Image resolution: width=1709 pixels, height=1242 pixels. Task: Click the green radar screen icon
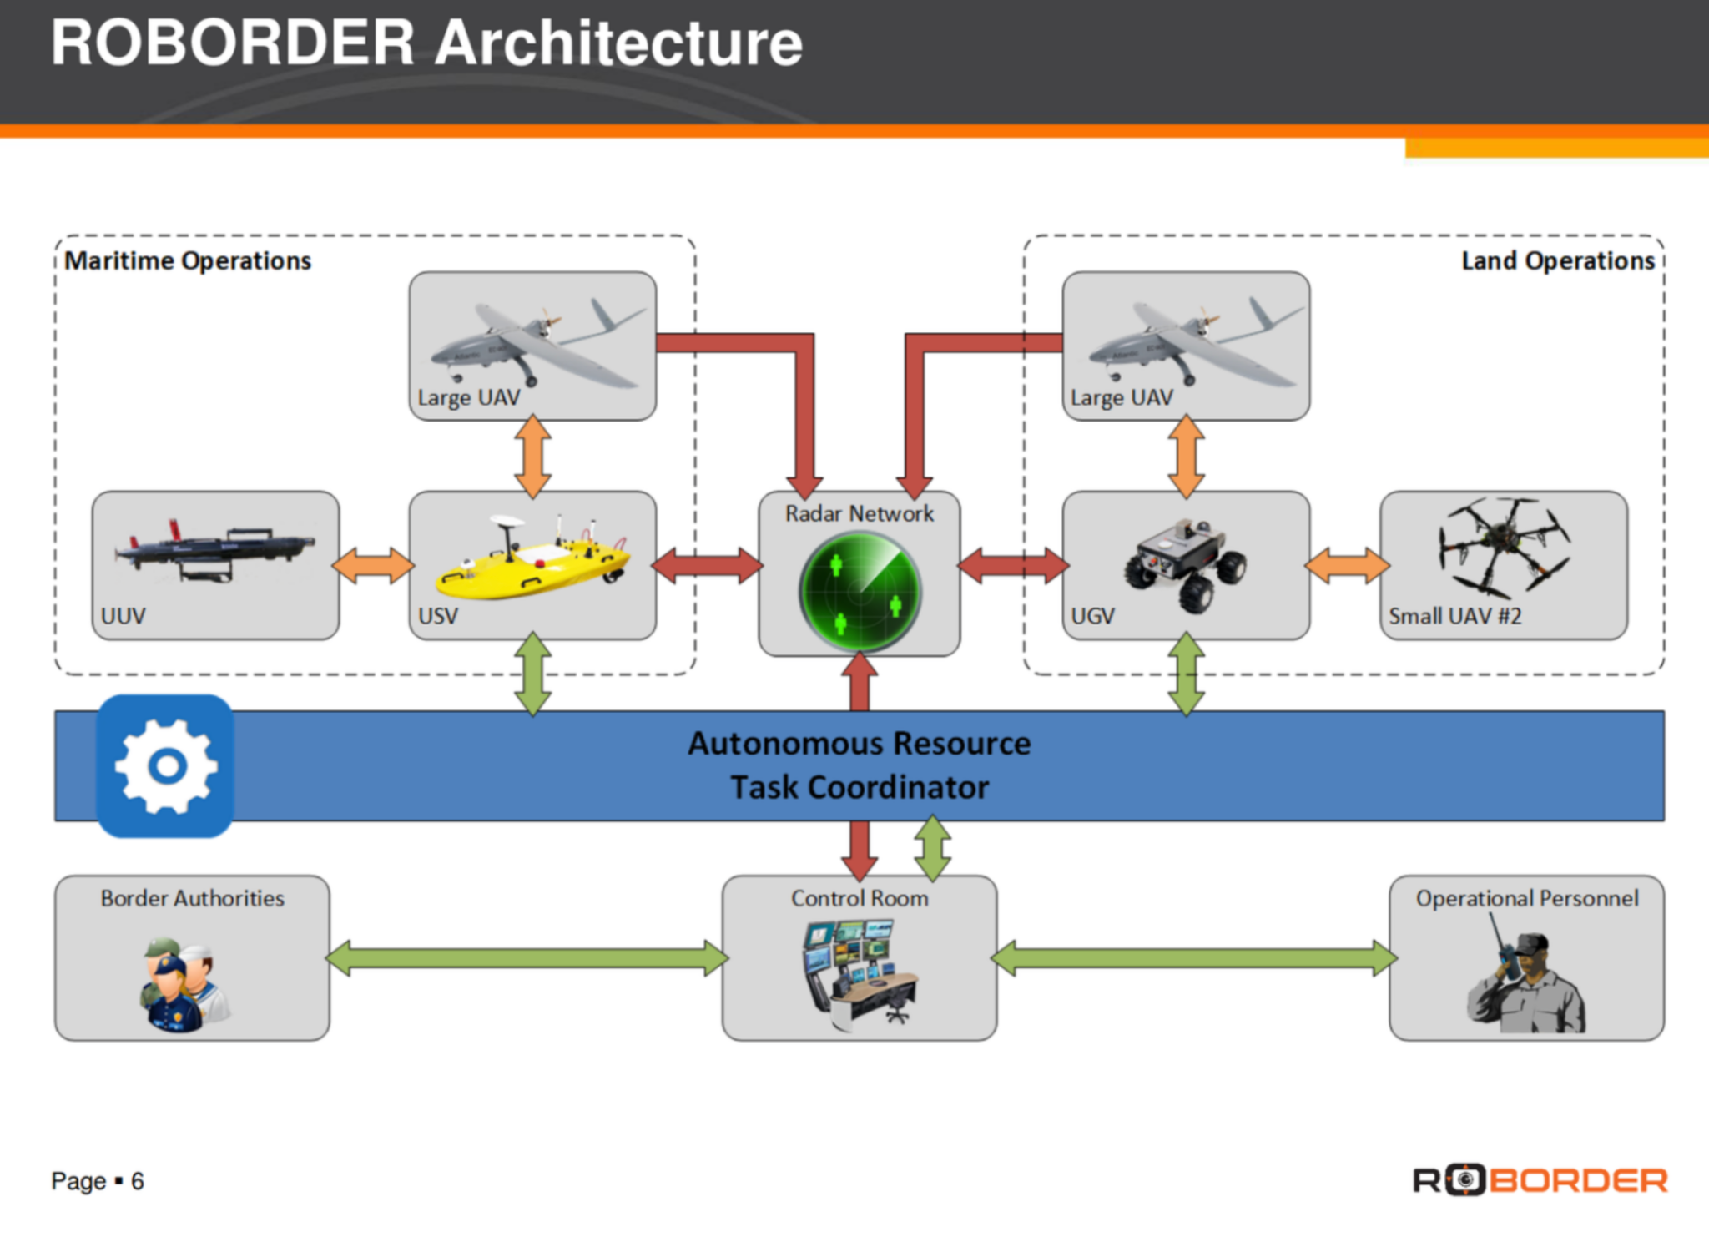click(x=860, y=593)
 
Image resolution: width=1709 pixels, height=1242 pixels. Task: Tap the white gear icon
click(x=166, y=765)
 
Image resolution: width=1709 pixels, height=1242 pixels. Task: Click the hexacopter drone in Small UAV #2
click(x=1504, y=548)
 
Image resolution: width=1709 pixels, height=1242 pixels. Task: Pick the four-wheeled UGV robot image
click(x=1185, y=563)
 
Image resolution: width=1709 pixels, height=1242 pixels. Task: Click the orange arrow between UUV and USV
click(x=374, y=565)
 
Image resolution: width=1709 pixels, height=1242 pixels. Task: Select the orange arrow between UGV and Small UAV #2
click(x=1346, y=565)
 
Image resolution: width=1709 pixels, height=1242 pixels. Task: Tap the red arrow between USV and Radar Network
click(x=707, y=565)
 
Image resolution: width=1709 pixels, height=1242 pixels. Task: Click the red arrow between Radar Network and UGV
click(x=1012, y=565)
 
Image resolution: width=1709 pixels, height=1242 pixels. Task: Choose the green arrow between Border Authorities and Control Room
click(x=527, y=957)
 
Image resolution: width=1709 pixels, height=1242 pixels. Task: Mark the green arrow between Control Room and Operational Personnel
click(x=1194, y=957)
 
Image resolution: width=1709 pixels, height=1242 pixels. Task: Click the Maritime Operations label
click(x=188, y=260)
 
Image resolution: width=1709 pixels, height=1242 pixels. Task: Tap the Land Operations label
click(x=1558, y=260)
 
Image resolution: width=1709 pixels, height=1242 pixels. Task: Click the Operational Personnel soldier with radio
click(x=1526, y=973)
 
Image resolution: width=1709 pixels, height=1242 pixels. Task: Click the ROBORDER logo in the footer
click(x=1540, y=1180)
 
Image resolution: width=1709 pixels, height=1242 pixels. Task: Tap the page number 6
click(x=138, y=1181)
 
